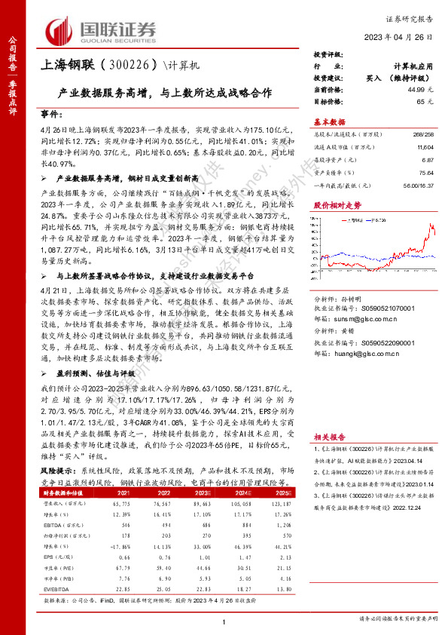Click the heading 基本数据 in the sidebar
click(x=329, y=121)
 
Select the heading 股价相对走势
click(x=334, y=204)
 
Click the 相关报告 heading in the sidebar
click(x=329, y=435)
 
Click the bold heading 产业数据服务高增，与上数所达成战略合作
click(x=165, y=96)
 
